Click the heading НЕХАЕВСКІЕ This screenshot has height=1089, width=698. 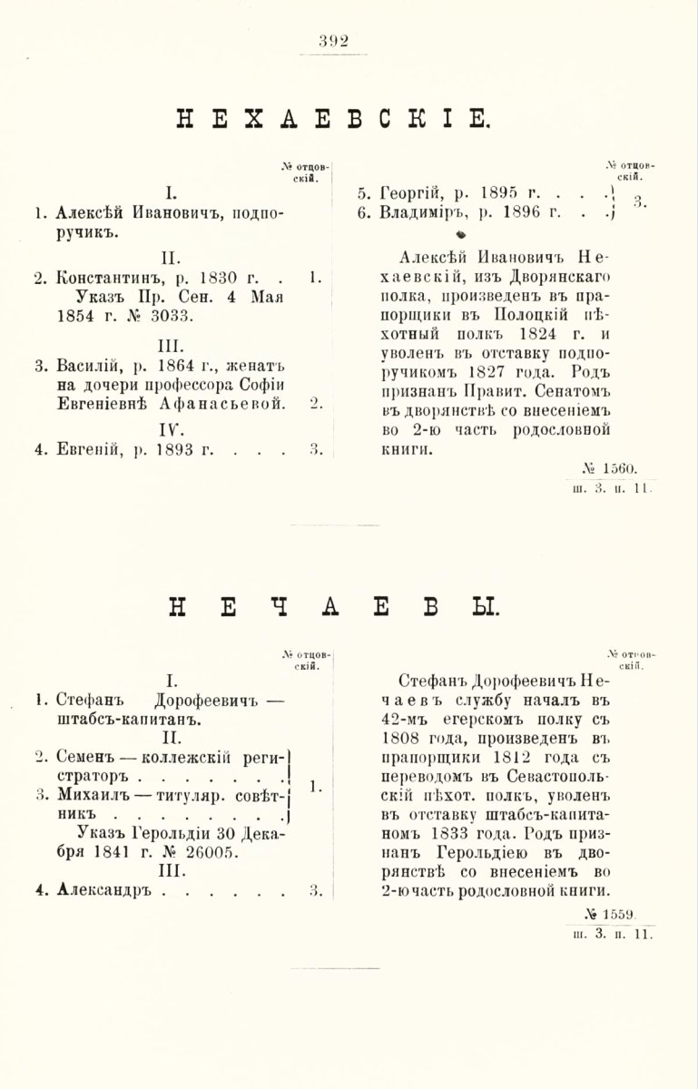(x=335, y=119)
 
